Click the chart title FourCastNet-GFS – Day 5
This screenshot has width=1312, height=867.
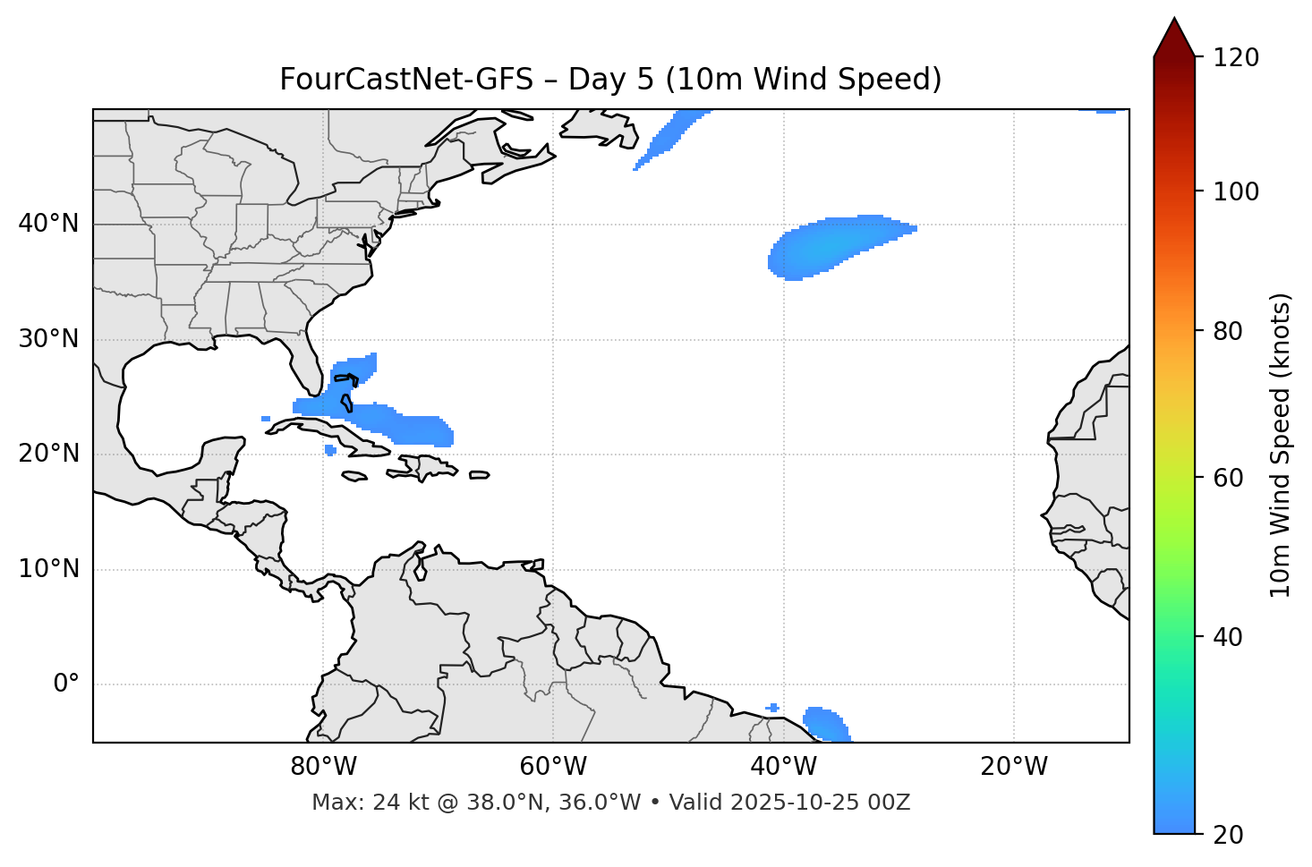610,80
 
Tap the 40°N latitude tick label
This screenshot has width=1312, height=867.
48,224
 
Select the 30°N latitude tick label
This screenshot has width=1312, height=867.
48,339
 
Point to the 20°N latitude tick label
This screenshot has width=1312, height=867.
48,454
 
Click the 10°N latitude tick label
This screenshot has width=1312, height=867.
48,569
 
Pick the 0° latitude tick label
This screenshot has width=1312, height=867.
66,684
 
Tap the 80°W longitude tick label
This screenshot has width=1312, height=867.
323,767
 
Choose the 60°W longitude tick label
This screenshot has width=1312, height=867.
552,767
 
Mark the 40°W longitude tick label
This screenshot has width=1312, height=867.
783,767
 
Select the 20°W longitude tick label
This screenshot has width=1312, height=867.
1013,767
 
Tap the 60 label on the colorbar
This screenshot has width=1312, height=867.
1228,478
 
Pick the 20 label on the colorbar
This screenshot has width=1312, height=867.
1228,835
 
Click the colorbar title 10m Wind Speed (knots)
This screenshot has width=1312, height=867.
1281,445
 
